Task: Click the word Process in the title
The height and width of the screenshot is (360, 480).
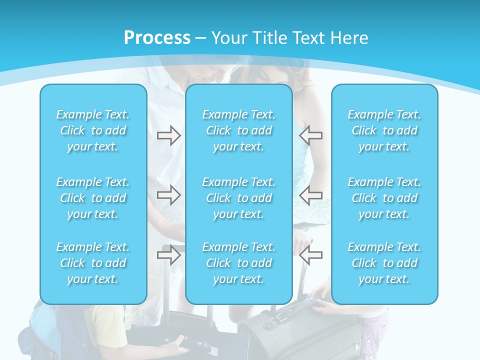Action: click(x=157, y=38)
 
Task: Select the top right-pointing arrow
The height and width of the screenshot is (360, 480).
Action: click(x=168, y=135)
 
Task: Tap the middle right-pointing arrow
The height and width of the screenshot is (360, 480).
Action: click(x=168, y=194)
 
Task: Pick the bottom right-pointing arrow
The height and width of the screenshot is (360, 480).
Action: click(x=168, y=255)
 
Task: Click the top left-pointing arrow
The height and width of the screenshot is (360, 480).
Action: click(x=310, y=135)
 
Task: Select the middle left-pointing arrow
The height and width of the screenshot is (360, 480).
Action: click(x=310, y=194)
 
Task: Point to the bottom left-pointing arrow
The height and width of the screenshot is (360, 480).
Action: click(x=310, y=255)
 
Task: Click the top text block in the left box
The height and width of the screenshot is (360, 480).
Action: click(x=93, y=130)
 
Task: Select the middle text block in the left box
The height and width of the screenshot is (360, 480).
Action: click(x=93, y=198)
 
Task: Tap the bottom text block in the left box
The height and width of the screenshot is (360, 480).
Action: click(x=93, y=263)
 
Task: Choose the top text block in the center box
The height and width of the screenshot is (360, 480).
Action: click(x=239, y=130)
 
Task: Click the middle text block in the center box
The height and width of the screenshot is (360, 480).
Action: click(x=239, y=198)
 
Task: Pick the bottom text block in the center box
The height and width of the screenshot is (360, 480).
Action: click(x=239, y=263)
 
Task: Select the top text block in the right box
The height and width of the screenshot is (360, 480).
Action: click(x=384, y=130)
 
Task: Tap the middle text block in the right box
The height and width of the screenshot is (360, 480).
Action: click(x=384, y=198)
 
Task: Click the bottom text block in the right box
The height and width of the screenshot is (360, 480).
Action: click(x=384, y=263)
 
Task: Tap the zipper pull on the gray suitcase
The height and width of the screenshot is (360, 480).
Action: click(x=357, y=345)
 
